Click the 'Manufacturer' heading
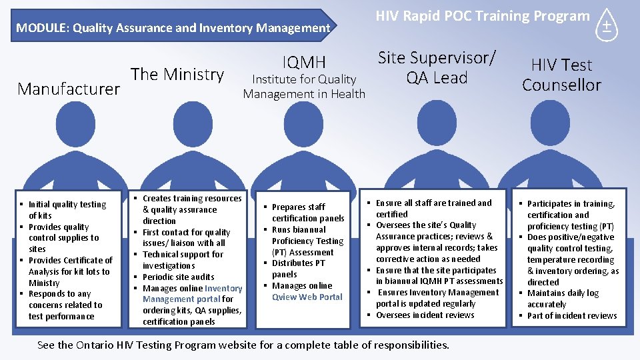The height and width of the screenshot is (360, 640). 69,89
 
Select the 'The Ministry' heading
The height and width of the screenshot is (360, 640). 177,74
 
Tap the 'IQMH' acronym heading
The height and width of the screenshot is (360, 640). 304,63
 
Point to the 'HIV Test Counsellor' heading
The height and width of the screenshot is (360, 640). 561,75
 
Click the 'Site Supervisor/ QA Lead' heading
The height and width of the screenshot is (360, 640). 437,67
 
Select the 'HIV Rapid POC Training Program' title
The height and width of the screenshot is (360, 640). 483,16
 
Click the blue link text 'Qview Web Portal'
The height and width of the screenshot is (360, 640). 307,297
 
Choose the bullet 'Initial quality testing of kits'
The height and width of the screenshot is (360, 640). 67,210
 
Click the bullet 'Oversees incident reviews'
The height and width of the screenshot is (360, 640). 425,315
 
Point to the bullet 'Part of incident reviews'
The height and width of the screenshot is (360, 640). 572,315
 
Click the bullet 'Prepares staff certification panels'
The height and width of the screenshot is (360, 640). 307,213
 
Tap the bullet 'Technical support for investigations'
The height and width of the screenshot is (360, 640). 183,260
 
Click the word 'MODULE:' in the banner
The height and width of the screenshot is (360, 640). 43,28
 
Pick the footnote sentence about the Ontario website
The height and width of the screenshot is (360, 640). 243,345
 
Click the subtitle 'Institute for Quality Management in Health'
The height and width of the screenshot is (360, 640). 304,87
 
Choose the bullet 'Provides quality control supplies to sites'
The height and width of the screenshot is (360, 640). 63,238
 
